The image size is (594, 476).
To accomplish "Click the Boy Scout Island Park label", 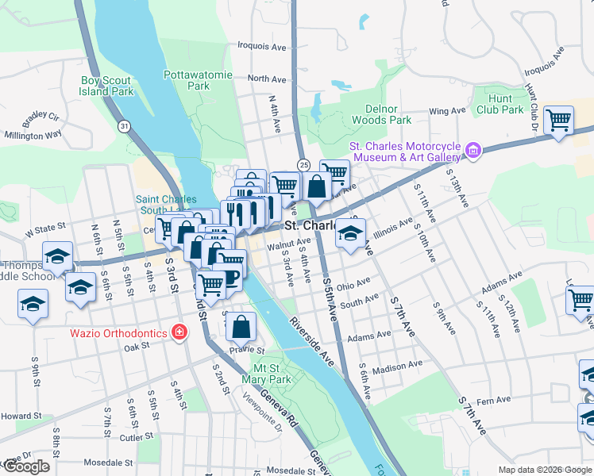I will tap(107, 86).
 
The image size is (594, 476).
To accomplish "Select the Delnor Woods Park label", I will tap(376, 114).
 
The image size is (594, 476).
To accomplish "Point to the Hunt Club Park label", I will tap(500, 104).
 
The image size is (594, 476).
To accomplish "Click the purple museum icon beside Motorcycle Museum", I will tap(474, 149).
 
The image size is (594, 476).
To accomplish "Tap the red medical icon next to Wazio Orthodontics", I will tap(180, 332).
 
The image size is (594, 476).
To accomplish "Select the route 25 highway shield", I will tap(303, 164).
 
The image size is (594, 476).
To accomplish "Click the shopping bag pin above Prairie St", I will tap(243, 325).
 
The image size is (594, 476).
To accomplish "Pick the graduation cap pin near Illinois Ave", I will tap(349, 234).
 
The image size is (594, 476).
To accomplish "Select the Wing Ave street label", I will tap(445, 112).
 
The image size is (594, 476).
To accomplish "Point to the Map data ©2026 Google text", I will tap(544, 470).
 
